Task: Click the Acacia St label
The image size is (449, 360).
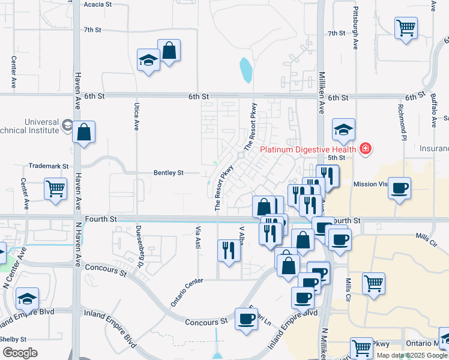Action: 98,4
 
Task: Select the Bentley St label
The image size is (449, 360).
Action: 169,173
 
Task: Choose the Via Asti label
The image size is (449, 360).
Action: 197,238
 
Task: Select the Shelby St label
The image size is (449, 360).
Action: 12,338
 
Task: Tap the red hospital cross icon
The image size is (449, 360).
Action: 365,148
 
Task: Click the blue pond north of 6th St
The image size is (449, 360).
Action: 246,70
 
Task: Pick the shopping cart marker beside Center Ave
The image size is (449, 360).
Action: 56,188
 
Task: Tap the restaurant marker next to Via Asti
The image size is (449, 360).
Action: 228,250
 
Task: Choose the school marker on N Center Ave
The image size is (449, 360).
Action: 27,299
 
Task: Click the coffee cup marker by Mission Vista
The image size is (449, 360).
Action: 399,188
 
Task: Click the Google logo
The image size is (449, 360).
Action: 20,353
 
